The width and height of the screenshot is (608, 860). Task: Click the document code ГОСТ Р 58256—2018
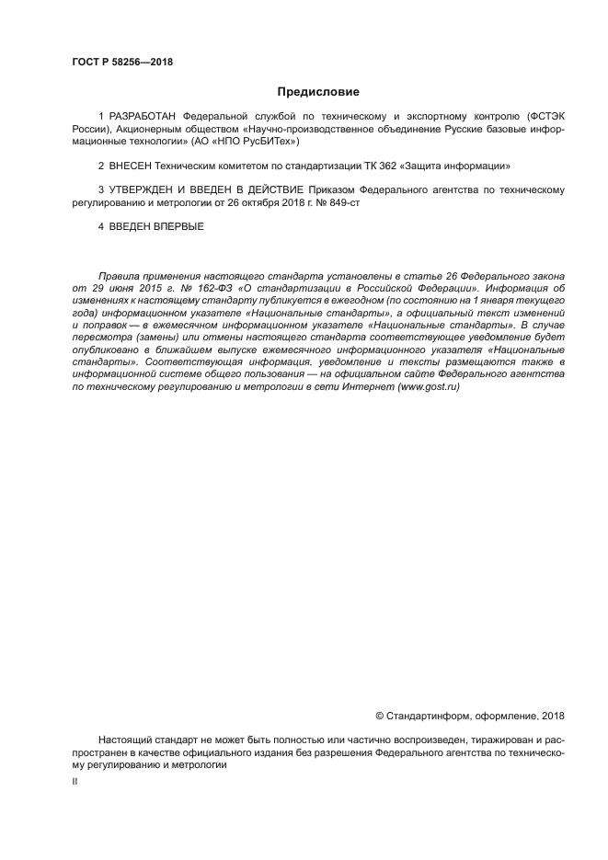122,63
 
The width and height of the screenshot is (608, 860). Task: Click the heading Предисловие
319,92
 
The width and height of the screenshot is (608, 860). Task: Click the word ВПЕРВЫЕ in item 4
178,225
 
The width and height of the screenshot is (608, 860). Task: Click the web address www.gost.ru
428,387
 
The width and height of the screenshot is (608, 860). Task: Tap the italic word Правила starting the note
117,276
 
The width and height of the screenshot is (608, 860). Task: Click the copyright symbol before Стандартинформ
380,716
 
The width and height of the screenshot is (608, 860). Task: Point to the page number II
75,780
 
